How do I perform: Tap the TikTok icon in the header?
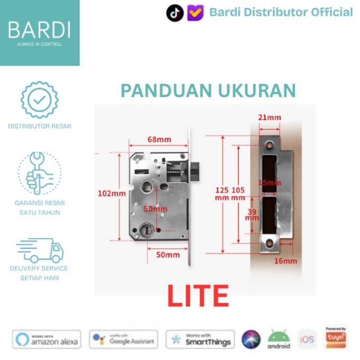point(175,13)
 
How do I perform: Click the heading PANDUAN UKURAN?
point(208,91)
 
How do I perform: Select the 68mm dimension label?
point(157,139)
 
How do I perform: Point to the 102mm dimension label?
point(112,193)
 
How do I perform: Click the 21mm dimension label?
point(270,118)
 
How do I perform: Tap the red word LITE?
point(198,296)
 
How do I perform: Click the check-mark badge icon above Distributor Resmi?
point(39,100)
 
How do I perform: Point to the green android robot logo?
point(279,339)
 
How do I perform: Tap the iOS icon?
point(306,340)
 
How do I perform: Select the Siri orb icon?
point(251,339)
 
